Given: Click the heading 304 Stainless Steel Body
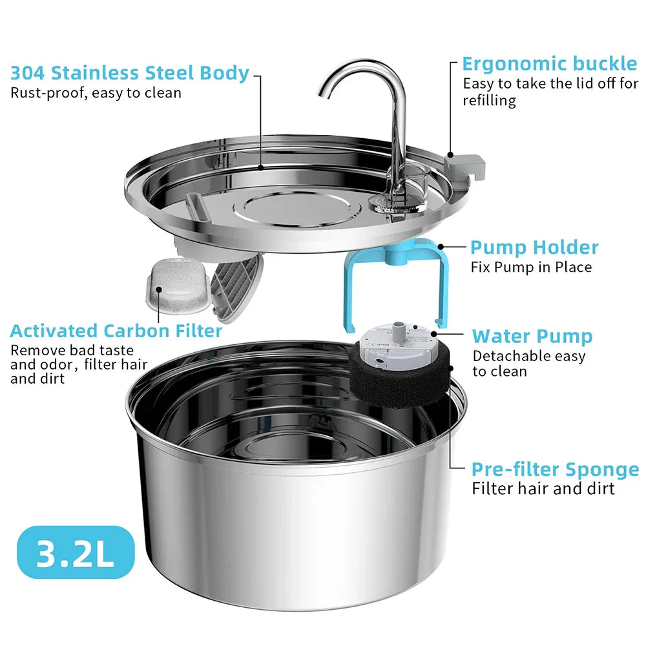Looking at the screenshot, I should [129, 72].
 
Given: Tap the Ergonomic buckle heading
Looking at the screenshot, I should [549, 64].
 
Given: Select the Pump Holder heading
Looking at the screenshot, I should [534, 247].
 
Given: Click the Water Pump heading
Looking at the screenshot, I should [532, 336].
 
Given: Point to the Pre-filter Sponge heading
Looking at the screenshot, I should [555, 469].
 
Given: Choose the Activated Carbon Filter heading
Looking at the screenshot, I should [116, 331].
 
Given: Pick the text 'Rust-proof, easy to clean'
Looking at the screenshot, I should [96, 92].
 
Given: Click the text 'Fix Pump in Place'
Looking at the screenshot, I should [531, 267].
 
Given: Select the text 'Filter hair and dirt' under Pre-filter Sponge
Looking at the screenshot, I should [543, 488].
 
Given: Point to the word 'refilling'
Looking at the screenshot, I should [489, 100].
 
